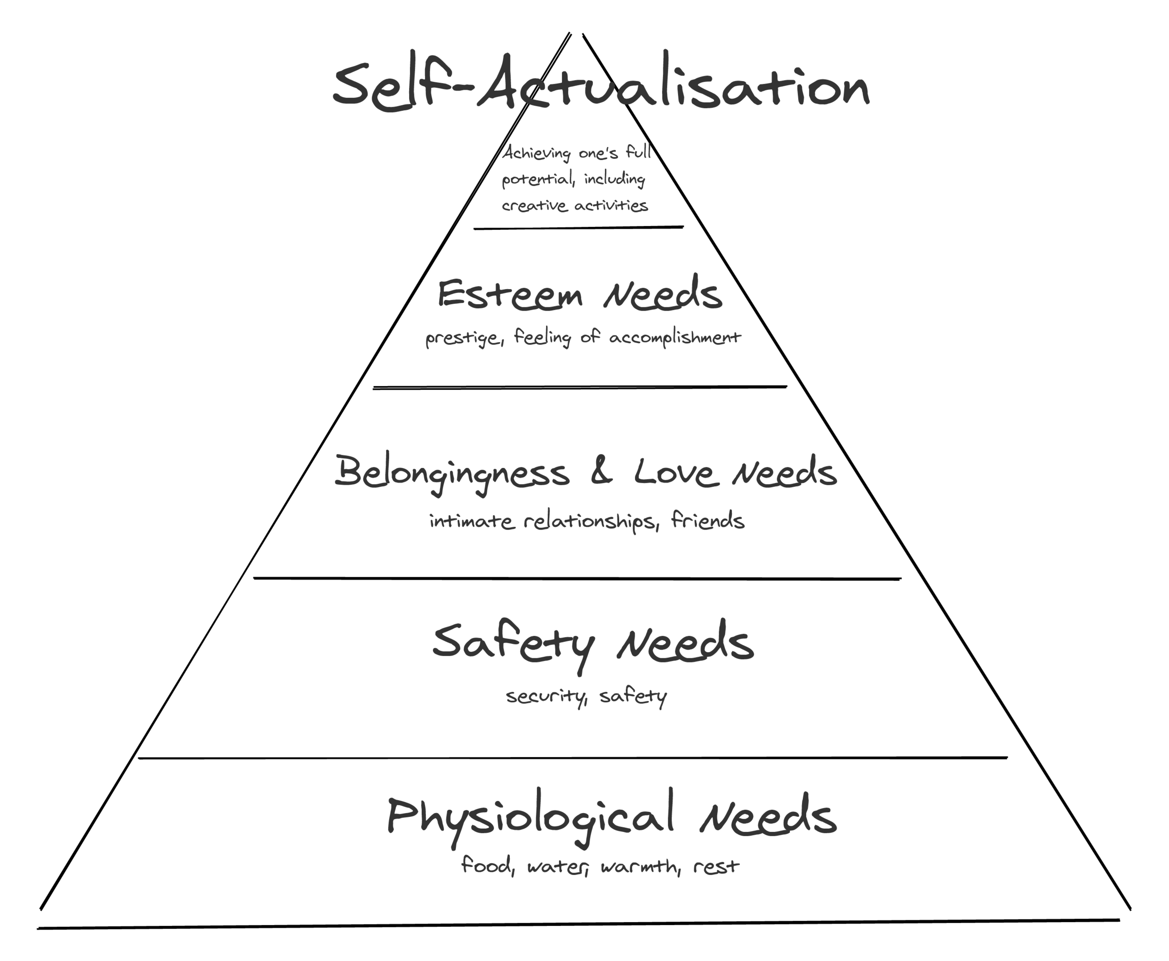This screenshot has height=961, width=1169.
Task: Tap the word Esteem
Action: coord(510,294)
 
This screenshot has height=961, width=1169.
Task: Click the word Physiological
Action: coord(530,817)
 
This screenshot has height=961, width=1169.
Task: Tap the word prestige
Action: coord(463,338)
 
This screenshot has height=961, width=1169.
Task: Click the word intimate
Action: coord(471,521)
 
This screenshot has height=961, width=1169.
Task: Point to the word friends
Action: coord(707,520)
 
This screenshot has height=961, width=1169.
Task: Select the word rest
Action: coord(716,866)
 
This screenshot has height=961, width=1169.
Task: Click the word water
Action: coord(556,866)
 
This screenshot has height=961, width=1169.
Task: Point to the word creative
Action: coord(534,206)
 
